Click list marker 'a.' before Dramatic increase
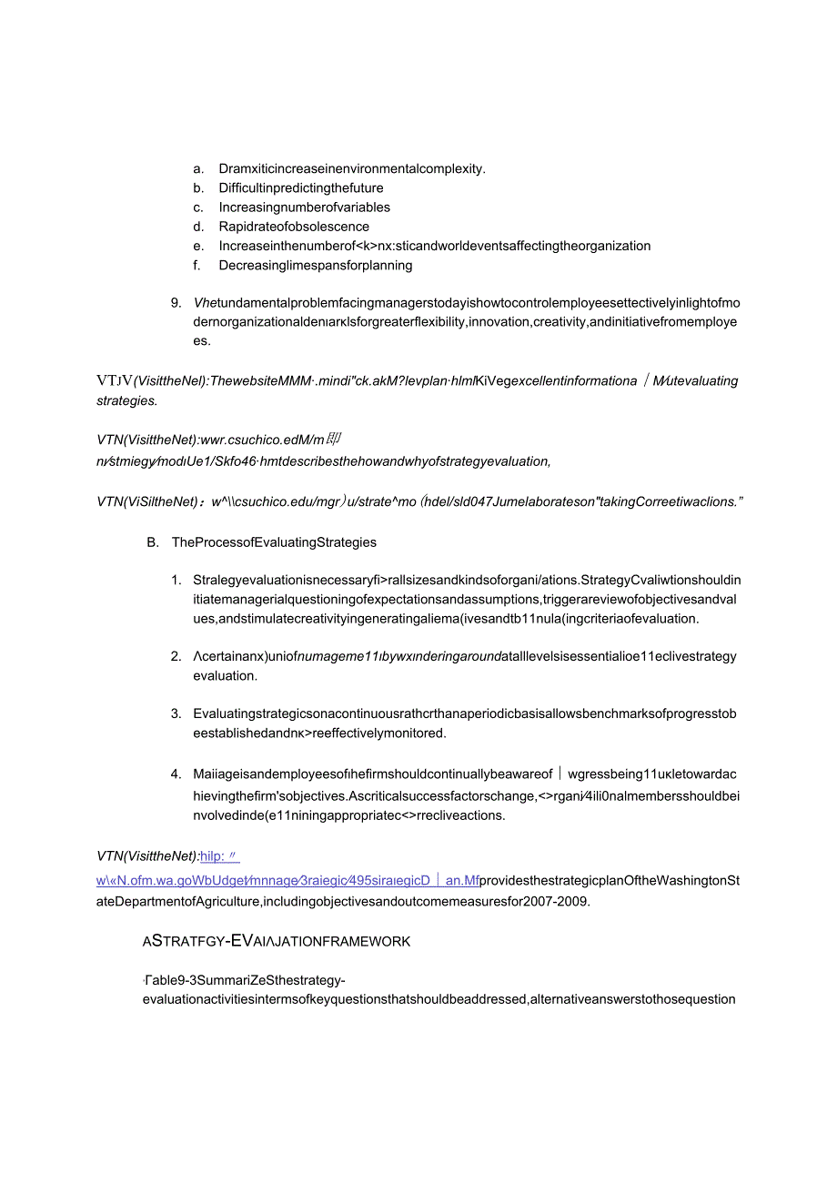[x=198, y=168]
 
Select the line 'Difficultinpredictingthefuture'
[x=301, y=188]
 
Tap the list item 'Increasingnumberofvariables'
[x=305, y=207]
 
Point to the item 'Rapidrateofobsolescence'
[x=294, y=227]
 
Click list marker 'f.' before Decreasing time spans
[x=197, y=266]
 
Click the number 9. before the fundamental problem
[x=176, y=303]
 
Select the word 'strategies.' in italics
[x=126, y=400]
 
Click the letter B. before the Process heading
[x=152, y=542]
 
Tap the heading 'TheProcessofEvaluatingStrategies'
[x=274, y=542]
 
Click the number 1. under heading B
[x=176, y=581]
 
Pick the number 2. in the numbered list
[x=176, y=656]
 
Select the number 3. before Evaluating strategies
[x=176, y=713]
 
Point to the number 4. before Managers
[x=176, y=774]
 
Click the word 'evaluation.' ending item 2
[x=225, y=676]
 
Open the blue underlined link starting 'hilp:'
[x=218, y=855]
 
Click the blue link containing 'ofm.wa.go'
[x=287, y=881]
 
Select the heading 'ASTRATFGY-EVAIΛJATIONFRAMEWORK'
[x=277, y=942]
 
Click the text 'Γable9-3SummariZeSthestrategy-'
[x=244, y=980]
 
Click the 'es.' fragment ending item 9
[x=201, y=341]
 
